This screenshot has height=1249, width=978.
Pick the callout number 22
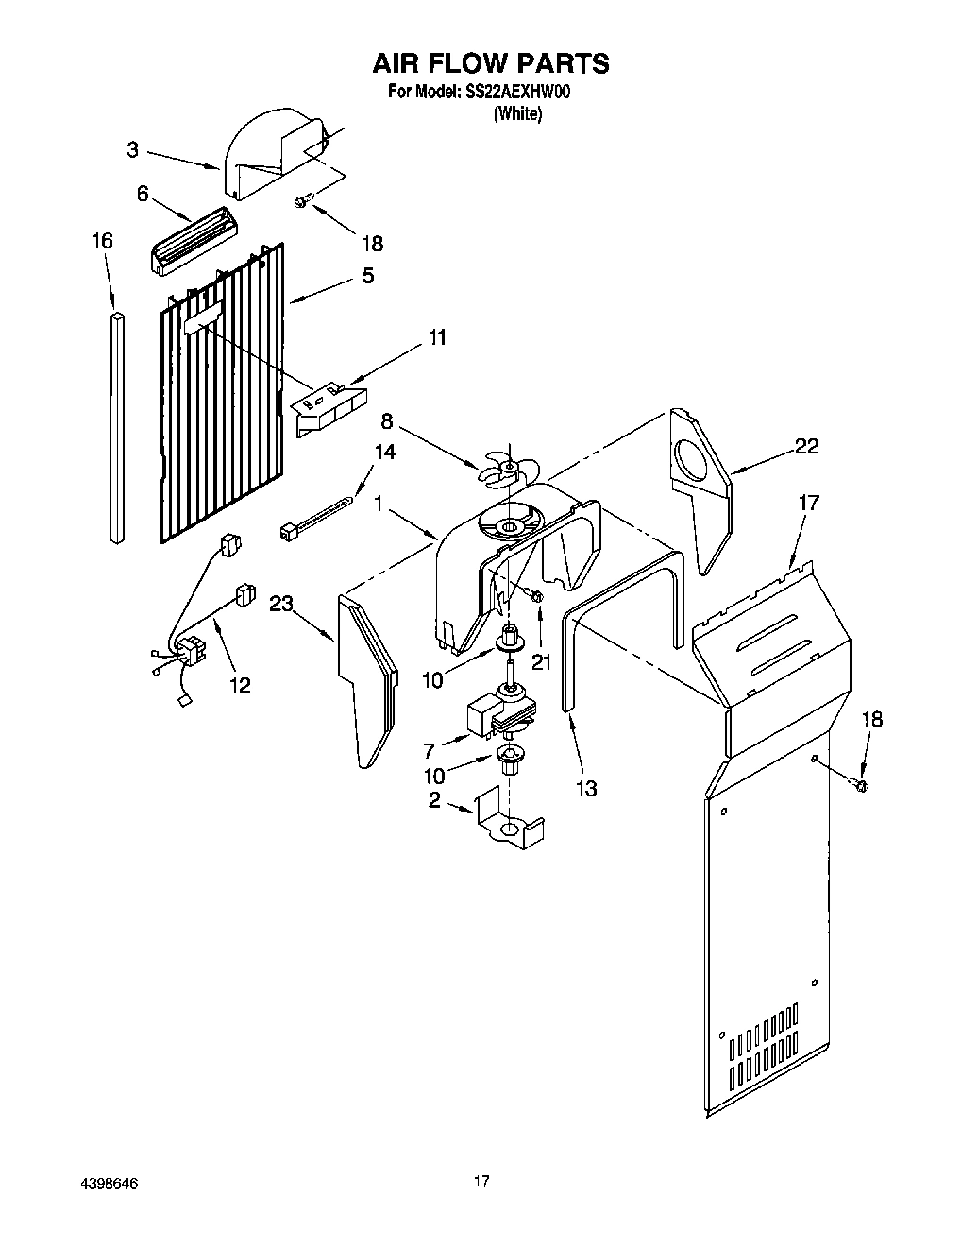(x=805, y=447)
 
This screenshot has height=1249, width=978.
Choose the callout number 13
(x=585, y=787)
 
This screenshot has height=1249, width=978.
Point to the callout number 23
(x=281, y=604)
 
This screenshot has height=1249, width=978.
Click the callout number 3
(x=133, y=149)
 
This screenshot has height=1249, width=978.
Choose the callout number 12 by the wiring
(x=240, y=685)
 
